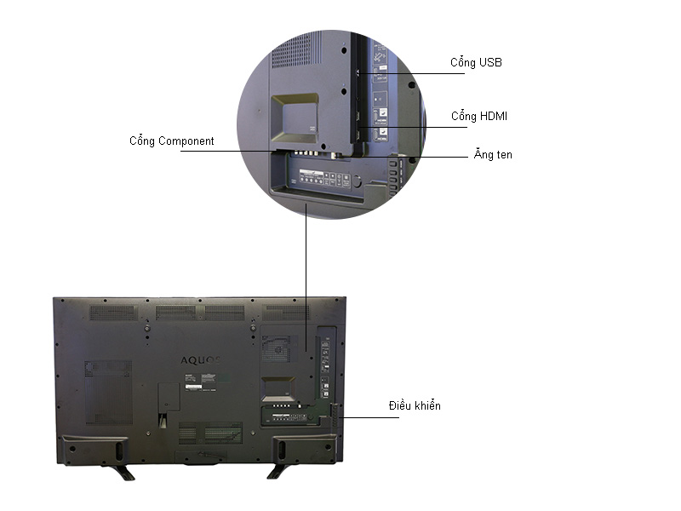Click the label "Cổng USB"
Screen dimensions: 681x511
(477, 63)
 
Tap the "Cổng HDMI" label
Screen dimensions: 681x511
(479, 117)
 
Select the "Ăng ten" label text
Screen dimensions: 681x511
(493, 156)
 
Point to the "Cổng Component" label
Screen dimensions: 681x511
(171, 141)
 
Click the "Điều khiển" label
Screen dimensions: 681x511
(415, 406)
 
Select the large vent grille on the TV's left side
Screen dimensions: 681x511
(108, 391)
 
